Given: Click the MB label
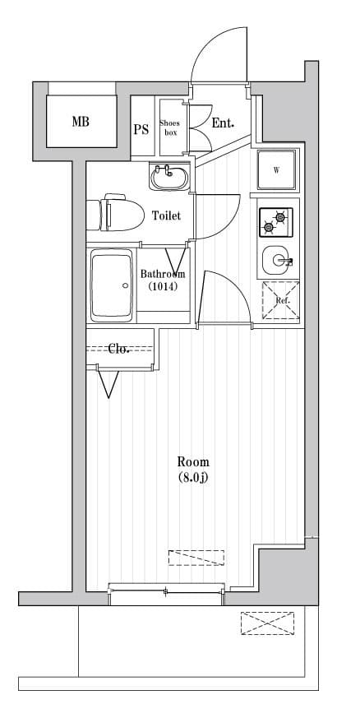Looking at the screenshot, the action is [81, 122].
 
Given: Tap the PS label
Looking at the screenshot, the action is [141, 130].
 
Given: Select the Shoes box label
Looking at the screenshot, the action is [169, 127].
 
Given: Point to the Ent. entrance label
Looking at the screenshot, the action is [223, 123].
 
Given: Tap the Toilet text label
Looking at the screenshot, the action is [166, 215].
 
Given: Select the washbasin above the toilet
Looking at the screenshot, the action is [169, 178].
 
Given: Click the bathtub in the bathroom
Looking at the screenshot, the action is [112, 285].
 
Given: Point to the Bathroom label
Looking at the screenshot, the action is [163, 274].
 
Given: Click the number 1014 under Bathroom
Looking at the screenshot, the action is [163, 287].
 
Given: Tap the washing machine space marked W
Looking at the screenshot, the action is [276, 170].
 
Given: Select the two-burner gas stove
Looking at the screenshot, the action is [276, 222].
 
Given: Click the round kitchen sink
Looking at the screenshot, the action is [277, 260].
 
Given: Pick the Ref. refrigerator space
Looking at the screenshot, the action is [280, 300].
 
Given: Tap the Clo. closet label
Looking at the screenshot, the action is [119, 349].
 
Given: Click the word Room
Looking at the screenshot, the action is [193, 461].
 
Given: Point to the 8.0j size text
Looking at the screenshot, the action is [193, 477].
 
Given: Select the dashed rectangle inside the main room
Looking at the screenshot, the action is [196, 558].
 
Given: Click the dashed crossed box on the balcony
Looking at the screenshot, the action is [268, 623].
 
